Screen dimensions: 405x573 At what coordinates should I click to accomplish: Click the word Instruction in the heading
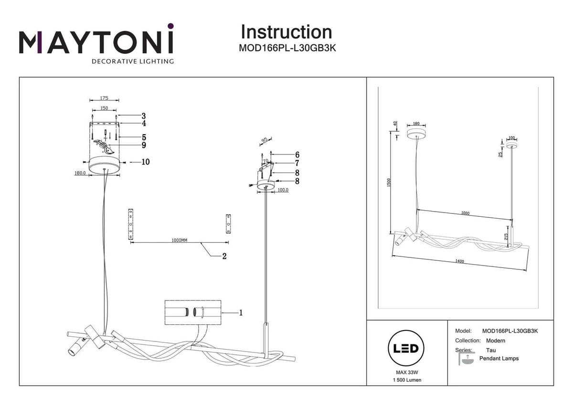(286, 32)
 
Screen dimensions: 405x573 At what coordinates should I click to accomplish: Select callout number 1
(241, 313)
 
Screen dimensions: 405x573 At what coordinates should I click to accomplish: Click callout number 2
(224, 256)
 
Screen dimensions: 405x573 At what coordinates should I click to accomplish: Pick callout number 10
(145, 162)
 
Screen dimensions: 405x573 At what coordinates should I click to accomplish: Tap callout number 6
(297, 155)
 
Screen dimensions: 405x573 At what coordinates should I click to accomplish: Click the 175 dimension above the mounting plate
(104, 98)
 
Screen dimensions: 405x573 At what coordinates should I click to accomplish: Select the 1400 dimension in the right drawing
(460, 261)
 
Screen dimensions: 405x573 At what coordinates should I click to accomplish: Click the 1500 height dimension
(389, 183)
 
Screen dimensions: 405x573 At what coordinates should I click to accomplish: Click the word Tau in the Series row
(491, 350)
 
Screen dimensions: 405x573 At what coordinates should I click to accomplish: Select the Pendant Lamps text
(499, 358)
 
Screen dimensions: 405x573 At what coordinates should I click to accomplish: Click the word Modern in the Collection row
(496, 341)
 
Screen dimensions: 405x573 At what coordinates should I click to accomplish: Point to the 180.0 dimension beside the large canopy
(80, 174)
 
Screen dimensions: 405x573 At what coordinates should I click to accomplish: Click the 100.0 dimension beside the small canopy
(283, 190)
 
